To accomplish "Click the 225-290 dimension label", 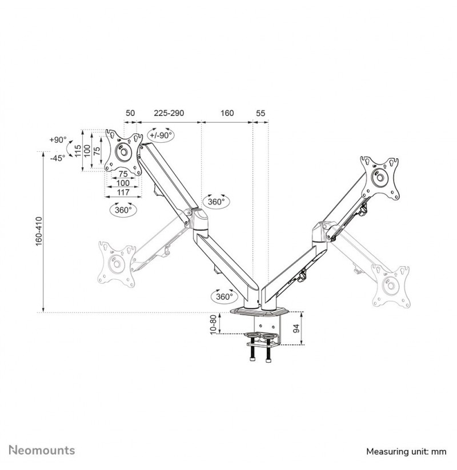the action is pos(169,113).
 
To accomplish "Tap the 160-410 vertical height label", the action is pos(39,231).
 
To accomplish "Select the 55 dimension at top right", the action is pos(260,113).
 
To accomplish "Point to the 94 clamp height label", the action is pos(296,328).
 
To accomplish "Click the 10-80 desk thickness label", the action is pos(213,324).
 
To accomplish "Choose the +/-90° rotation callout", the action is pos(161,135).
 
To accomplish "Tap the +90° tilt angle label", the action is pos(58,140).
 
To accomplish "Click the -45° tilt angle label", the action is pos(57,158).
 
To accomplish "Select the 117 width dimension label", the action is pos(123,192).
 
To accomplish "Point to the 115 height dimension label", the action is pos(78,151).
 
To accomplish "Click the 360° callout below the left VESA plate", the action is pos(123,210).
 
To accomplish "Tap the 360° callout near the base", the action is pos(225,296).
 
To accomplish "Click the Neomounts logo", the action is pos(42,450).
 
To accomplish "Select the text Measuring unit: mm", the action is pos(406,451).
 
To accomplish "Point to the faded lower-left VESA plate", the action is pos(117,264).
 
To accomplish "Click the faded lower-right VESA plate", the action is pos(391,286).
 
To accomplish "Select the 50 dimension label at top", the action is pos(130,113).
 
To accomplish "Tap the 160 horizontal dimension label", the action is pos(227,113).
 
